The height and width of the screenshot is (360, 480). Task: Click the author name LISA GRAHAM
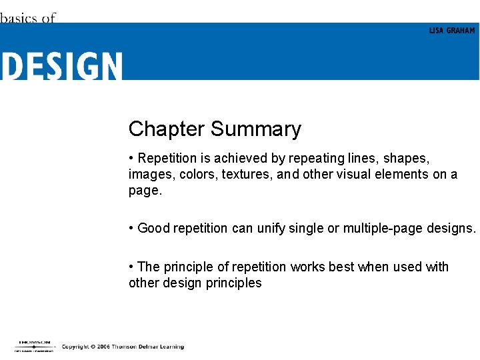pos(452,31)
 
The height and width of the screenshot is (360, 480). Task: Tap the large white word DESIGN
pos(61,67)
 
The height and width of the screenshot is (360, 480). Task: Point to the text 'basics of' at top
pos(27,18)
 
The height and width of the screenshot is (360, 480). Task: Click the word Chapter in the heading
pos(167,129)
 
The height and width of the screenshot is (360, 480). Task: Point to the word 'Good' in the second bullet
pos(153,229)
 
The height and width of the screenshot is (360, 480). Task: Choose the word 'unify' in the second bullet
pos(273,229)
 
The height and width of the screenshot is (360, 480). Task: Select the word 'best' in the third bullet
pos(341,267)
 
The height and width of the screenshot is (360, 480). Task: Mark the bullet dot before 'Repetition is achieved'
pos(131,159)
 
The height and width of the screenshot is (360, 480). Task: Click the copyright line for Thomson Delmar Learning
pos(123,347)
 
